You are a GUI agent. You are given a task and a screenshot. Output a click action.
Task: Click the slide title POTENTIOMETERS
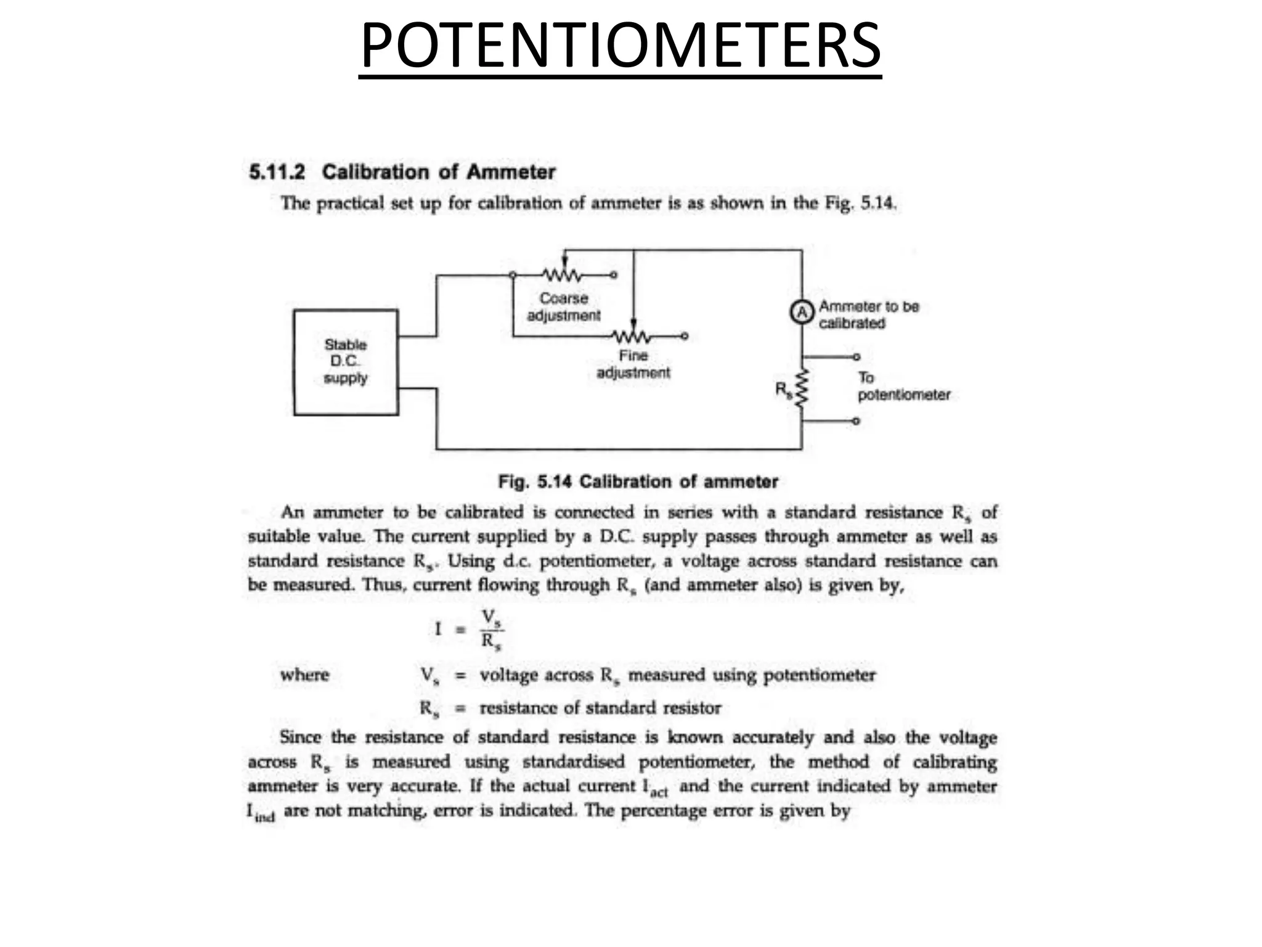pyautogui.click(x=620, y=47)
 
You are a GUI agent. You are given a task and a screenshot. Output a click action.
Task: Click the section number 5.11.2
pyautogui.click(x=277, y=172)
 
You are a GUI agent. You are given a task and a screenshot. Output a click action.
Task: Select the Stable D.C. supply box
pyautogui.click(x=346, y=363)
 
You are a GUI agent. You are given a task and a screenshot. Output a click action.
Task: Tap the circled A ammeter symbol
pyautogui.click(x=802, y=313)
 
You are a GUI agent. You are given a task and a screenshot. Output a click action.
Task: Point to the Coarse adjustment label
pyautogui.click(x=563, y=307)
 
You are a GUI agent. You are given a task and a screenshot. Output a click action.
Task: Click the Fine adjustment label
pyautogui.click(x=633, y=364)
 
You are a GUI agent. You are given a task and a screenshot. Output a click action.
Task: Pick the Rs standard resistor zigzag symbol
pyautogui.click(x=801, y=389)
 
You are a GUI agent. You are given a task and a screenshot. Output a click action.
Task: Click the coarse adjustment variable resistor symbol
pyautogui.click(x=562, y=274)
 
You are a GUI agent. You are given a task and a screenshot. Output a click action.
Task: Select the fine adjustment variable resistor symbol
pyautogui.click(x=632, y=336)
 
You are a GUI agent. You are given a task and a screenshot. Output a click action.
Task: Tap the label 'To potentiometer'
pyautogui.click(x=903, y=387)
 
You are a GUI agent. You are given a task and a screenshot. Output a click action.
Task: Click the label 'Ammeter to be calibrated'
pyautogui.click(x=868, y=314)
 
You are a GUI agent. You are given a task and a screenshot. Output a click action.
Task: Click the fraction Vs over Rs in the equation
pyautogui.click(x=491, y=629)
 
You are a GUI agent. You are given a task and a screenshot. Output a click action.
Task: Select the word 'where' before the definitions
pyautogui.click(x=304, y=675)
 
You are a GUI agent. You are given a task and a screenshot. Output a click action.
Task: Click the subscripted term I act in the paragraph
pyautogui.click(x=655, y=788)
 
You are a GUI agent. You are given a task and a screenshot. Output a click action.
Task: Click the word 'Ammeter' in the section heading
pyautogui.click(x=511, y=172)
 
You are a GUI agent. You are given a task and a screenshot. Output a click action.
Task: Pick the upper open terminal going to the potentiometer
pyautogui.click(x=856, y=357)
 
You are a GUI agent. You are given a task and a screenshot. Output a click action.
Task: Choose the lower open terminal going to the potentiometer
pyautogui.click(x=856, y=421)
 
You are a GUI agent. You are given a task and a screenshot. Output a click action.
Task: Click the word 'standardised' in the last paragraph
pyautogui.click(x=573, y=762)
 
